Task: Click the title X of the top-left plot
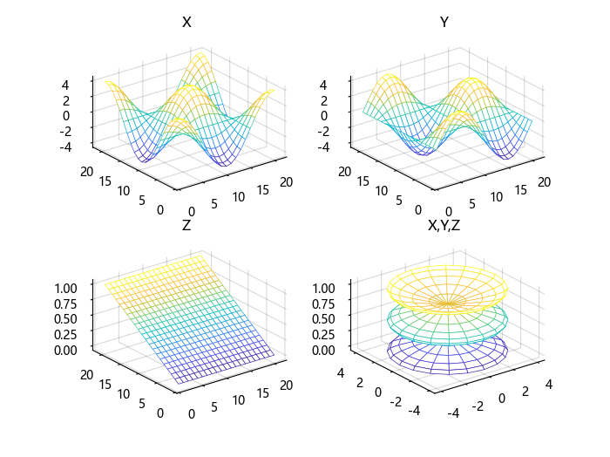[186, 23]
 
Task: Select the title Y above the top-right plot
[444, 23]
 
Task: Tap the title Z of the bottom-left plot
[186, 225]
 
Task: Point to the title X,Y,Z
[444, 225]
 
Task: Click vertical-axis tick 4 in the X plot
[77, 84]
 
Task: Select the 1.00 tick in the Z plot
[66, 286]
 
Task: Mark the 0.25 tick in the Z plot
[66, 334]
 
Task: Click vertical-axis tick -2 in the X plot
[74, 131]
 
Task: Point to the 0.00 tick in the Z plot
[66, 350]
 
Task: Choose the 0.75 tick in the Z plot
[66, 303]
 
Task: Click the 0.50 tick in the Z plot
[66, 318]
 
